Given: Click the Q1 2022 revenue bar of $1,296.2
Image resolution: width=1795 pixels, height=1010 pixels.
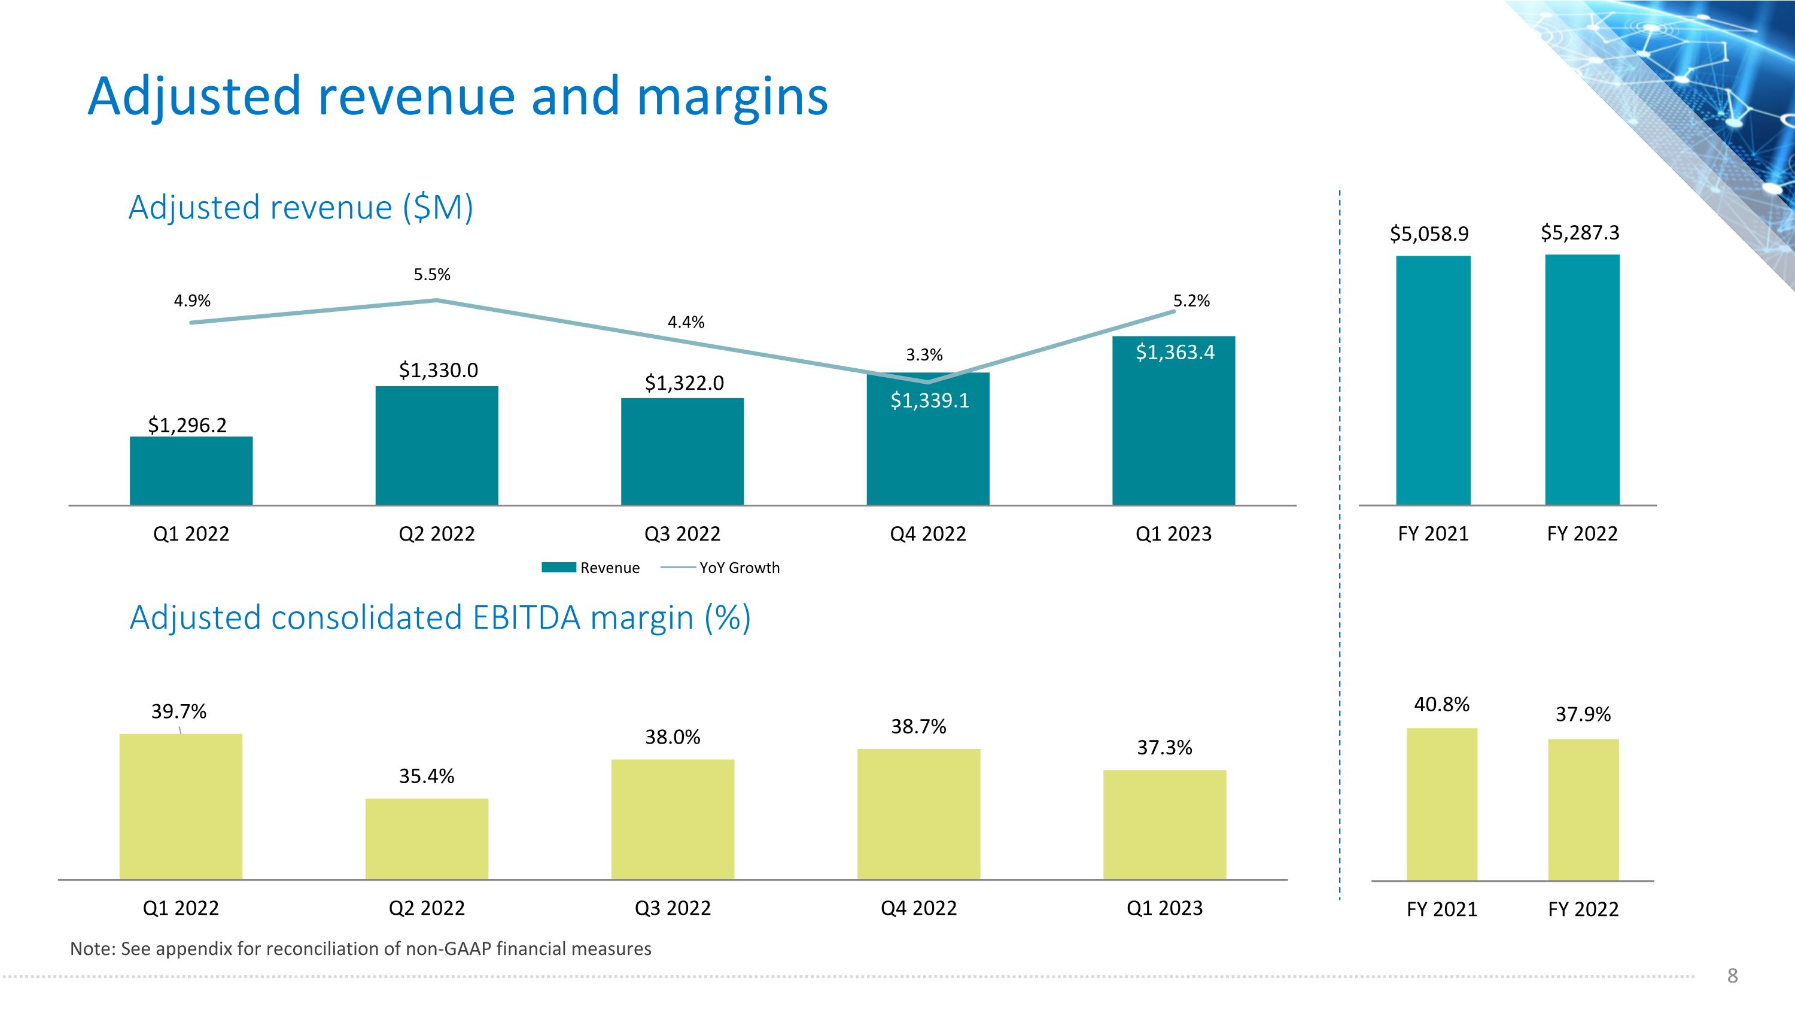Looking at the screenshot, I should click(x=191, y=471).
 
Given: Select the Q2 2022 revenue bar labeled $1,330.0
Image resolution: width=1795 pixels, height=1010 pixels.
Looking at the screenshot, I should click(x=437, y=445).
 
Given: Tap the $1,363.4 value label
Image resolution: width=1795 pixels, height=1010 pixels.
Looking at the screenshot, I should click(x=1175, y=353).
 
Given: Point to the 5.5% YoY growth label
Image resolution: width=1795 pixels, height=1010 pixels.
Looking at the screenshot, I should click(x=432, y=275).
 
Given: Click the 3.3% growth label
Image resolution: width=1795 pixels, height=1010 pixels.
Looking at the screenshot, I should click(x=924, y=355).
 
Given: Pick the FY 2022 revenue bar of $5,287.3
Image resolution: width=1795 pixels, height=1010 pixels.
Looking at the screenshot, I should click(x=1582, y=380).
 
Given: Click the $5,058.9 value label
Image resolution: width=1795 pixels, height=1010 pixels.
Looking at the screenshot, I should click(x=1429, y=233).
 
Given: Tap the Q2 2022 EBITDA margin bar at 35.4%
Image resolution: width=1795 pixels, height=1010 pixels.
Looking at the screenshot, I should click(x=427, y=839).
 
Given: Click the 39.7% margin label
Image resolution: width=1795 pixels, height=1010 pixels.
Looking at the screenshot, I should click(x=179, y=712).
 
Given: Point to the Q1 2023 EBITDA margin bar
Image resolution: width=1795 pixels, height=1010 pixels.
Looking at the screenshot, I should click(x=1164, y=824).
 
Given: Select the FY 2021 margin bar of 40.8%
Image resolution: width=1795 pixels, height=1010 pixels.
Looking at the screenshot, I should click(x=1442, y=803).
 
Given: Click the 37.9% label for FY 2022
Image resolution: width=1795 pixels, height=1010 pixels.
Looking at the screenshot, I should click(x=1583, y=714).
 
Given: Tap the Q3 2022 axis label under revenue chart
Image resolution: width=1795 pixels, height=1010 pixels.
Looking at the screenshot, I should click(x=682, y=534).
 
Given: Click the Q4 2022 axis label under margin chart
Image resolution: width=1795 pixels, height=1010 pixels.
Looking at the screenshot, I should click(x=918, y=908).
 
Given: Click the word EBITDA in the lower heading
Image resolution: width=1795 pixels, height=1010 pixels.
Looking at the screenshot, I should click(x=526, y=618).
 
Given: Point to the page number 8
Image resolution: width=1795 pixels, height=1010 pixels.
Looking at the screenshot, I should click(x=1732, y=975).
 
